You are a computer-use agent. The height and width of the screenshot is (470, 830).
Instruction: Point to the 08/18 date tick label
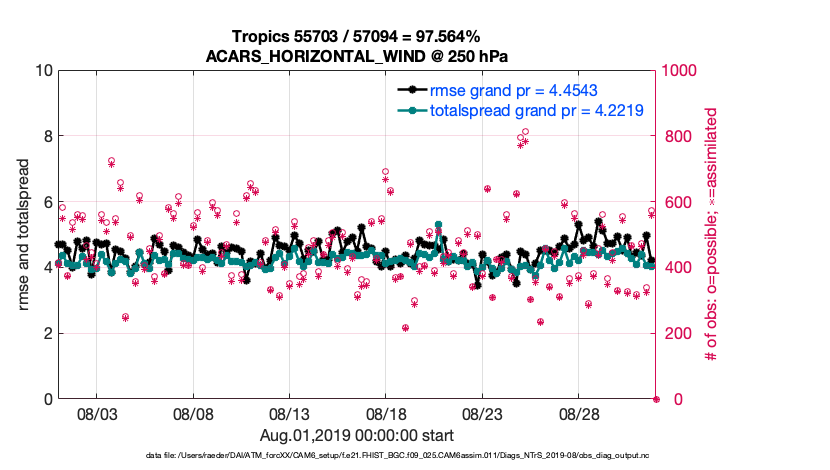pyautogui.click(x=386, y=413)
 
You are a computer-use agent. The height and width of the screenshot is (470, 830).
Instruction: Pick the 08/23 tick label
pyautogui.click(x=482, y=413)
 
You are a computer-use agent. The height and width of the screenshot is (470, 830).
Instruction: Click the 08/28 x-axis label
pyautogui.click(x=578, y=413)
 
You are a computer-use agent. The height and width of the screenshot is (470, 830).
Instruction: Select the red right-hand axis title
pyautogui.click(x=712, y=234)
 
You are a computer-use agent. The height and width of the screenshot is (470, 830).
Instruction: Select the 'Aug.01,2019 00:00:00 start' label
pyautogui.click(x=356, y=435)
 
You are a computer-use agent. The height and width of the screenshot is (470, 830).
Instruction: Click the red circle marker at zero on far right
pyautogui.click(x=656, y=399)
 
